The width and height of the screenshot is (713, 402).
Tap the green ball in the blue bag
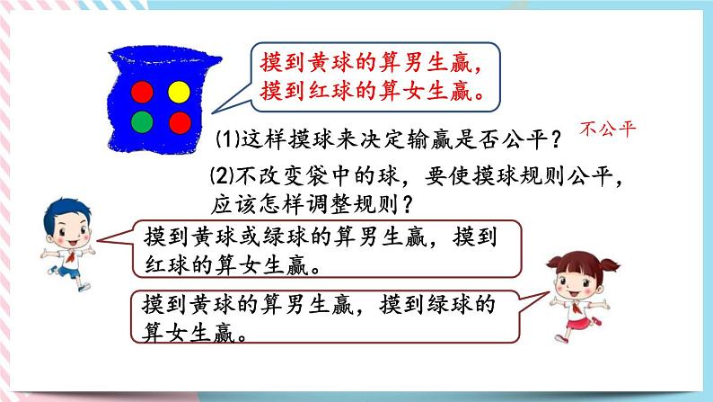143,121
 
